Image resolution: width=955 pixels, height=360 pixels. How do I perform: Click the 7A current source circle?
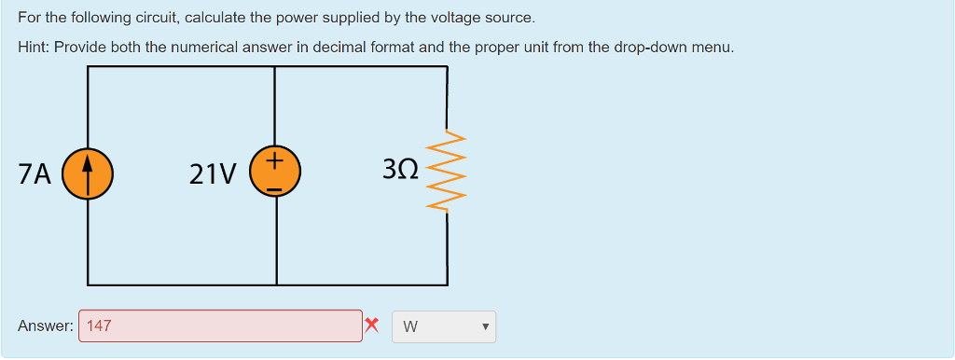(x=88, y=174)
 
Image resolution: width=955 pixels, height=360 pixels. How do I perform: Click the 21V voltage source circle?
(x=274, y=173)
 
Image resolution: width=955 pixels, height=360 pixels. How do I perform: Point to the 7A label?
(x=35, y=174)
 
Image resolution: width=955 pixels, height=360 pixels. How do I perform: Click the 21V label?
(x=213, y=174)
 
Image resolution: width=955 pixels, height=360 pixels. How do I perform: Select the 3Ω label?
(x=400, y=170)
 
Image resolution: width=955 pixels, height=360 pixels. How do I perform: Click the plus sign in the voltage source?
(x=274, y=161)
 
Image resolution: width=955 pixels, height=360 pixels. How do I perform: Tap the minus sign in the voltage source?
(x=274, y=187)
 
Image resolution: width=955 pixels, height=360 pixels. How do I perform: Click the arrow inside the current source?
(x=88, y=173)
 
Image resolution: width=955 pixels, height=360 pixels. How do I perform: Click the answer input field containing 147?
(x=221, y=326)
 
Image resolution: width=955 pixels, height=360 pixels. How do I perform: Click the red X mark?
(x=372, y=325)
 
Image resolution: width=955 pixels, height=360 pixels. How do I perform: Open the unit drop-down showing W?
(x=444, y=326)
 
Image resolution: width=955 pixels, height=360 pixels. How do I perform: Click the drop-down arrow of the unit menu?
(x=485, y=327)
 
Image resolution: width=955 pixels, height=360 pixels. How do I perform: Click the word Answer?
(x=45, y=326)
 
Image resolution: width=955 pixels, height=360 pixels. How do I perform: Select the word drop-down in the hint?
(x=652, y=47)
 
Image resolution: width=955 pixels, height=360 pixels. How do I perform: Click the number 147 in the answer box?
(x=99, y=326)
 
